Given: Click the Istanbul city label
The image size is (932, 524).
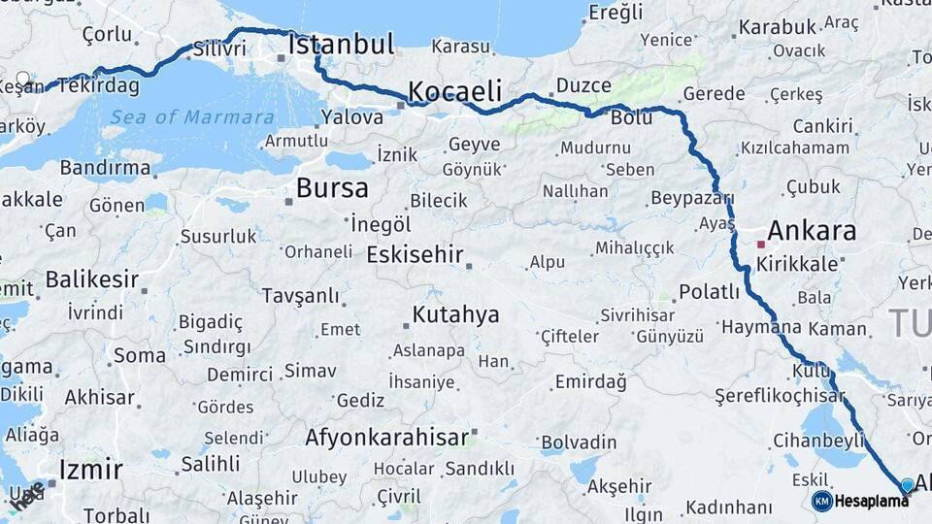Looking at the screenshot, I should pos(341,45).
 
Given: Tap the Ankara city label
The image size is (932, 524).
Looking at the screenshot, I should pos(812,231).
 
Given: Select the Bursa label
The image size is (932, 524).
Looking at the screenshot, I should pos(332,187).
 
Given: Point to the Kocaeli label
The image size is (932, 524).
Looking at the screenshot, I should pos(454,92).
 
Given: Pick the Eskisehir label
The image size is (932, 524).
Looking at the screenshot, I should pos(413,254).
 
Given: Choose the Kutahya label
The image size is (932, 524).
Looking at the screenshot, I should pos(455,314).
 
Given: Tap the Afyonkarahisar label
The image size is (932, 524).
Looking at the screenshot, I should pos(386,438).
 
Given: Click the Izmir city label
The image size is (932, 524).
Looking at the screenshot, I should pos(90,471).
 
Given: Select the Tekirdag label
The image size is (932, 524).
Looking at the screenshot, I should pos(97,85).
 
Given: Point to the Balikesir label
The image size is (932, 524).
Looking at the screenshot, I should pos(92,280).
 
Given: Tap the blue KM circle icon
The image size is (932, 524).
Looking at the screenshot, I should pos(821,501).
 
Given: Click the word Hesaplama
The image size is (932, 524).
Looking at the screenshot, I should pos(872,501).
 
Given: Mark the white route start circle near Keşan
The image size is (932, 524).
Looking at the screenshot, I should pos(23,80).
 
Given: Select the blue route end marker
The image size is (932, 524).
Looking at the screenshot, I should pos(907,485).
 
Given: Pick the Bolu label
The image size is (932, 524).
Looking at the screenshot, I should pos(631,118).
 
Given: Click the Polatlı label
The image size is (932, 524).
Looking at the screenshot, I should pos(709,292).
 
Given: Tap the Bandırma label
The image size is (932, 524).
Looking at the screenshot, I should pos(105,168).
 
